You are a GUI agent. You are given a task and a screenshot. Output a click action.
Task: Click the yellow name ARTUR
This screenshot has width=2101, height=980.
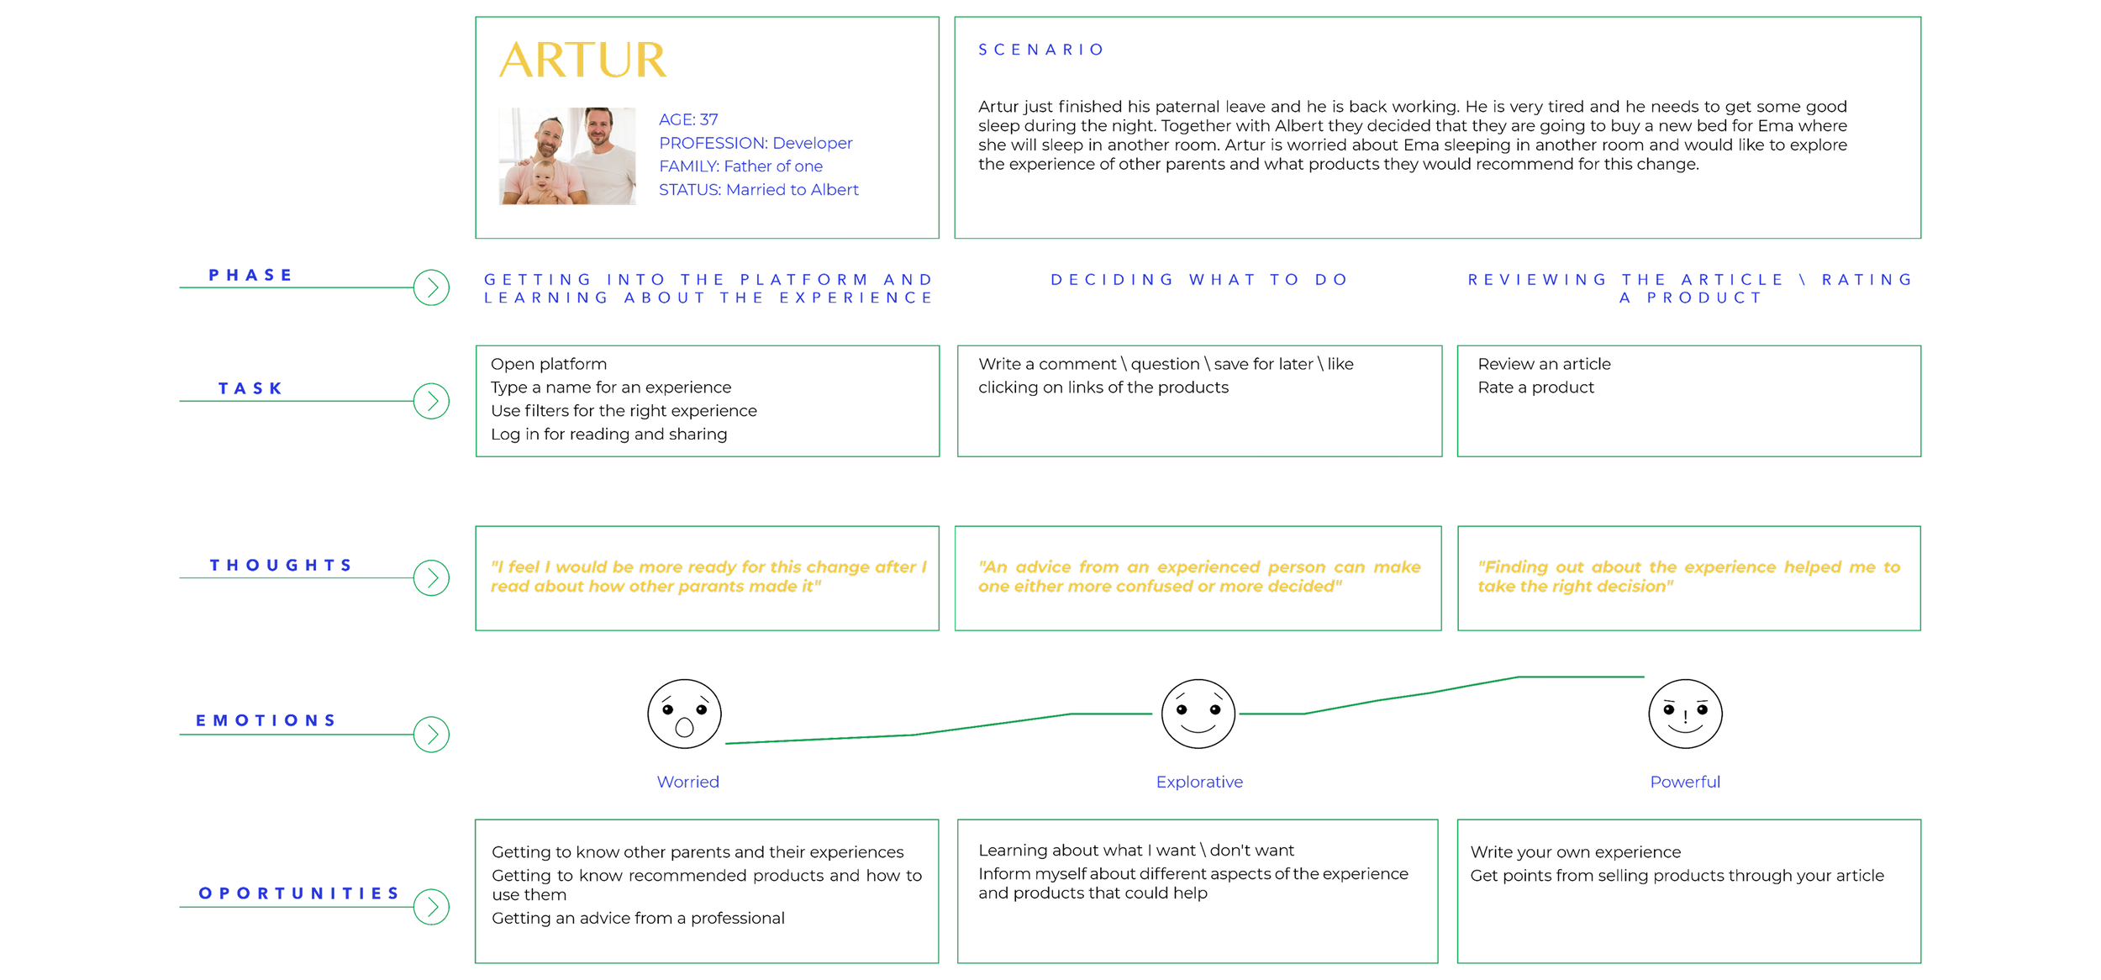click(x=582, y=61)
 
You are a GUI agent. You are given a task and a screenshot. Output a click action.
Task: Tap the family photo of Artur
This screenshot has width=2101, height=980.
click(x=567, y=155)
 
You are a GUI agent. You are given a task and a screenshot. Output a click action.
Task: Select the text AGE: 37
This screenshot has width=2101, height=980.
click(x=688, y=119)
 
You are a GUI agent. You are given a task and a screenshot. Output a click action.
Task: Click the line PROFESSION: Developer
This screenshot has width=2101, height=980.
click(x=756, y=143)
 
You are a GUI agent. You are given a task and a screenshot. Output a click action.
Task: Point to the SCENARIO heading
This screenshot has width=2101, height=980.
click(x=1040, y=50)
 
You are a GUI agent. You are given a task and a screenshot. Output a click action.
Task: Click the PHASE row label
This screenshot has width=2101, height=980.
click(x=250, y=275)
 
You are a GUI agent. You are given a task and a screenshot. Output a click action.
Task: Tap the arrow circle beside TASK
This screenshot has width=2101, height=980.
click(x=432, y=401)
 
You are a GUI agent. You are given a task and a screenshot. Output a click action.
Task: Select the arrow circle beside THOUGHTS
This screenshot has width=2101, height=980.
click(x=432, y=578)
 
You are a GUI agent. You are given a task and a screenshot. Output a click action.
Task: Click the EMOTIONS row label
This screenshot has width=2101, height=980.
click(x=266, y=720)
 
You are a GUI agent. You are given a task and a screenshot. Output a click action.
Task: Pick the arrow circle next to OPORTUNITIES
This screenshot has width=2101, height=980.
click(x=432, y=907)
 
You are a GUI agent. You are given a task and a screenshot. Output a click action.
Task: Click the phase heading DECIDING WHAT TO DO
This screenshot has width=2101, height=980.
click(x=1199, y=280)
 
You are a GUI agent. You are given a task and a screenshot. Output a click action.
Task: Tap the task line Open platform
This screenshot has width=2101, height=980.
click(x=549, y=364)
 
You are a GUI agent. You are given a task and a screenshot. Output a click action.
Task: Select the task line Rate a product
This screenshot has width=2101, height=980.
click(x=1535, y=387)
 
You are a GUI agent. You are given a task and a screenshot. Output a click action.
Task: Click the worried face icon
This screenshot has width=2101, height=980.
click(x=684, y=714)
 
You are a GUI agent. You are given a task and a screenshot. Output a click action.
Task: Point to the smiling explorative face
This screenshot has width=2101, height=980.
click(x=1198, y=714)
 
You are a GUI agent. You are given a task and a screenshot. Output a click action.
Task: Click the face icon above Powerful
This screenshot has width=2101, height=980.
click(x=1685, y=714)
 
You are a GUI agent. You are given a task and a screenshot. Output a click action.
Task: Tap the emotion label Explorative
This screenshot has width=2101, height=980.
click(x=1199, y=782)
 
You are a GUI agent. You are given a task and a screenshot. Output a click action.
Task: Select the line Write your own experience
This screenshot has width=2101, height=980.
click(x=1575, y=852)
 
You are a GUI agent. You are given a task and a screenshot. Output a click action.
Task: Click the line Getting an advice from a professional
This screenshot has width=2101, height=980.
click(x=638, y=918)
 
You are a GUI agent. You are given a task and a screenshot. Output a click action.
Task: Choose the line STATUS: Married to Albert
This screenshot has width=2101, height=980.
click(x=758, y=190)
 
